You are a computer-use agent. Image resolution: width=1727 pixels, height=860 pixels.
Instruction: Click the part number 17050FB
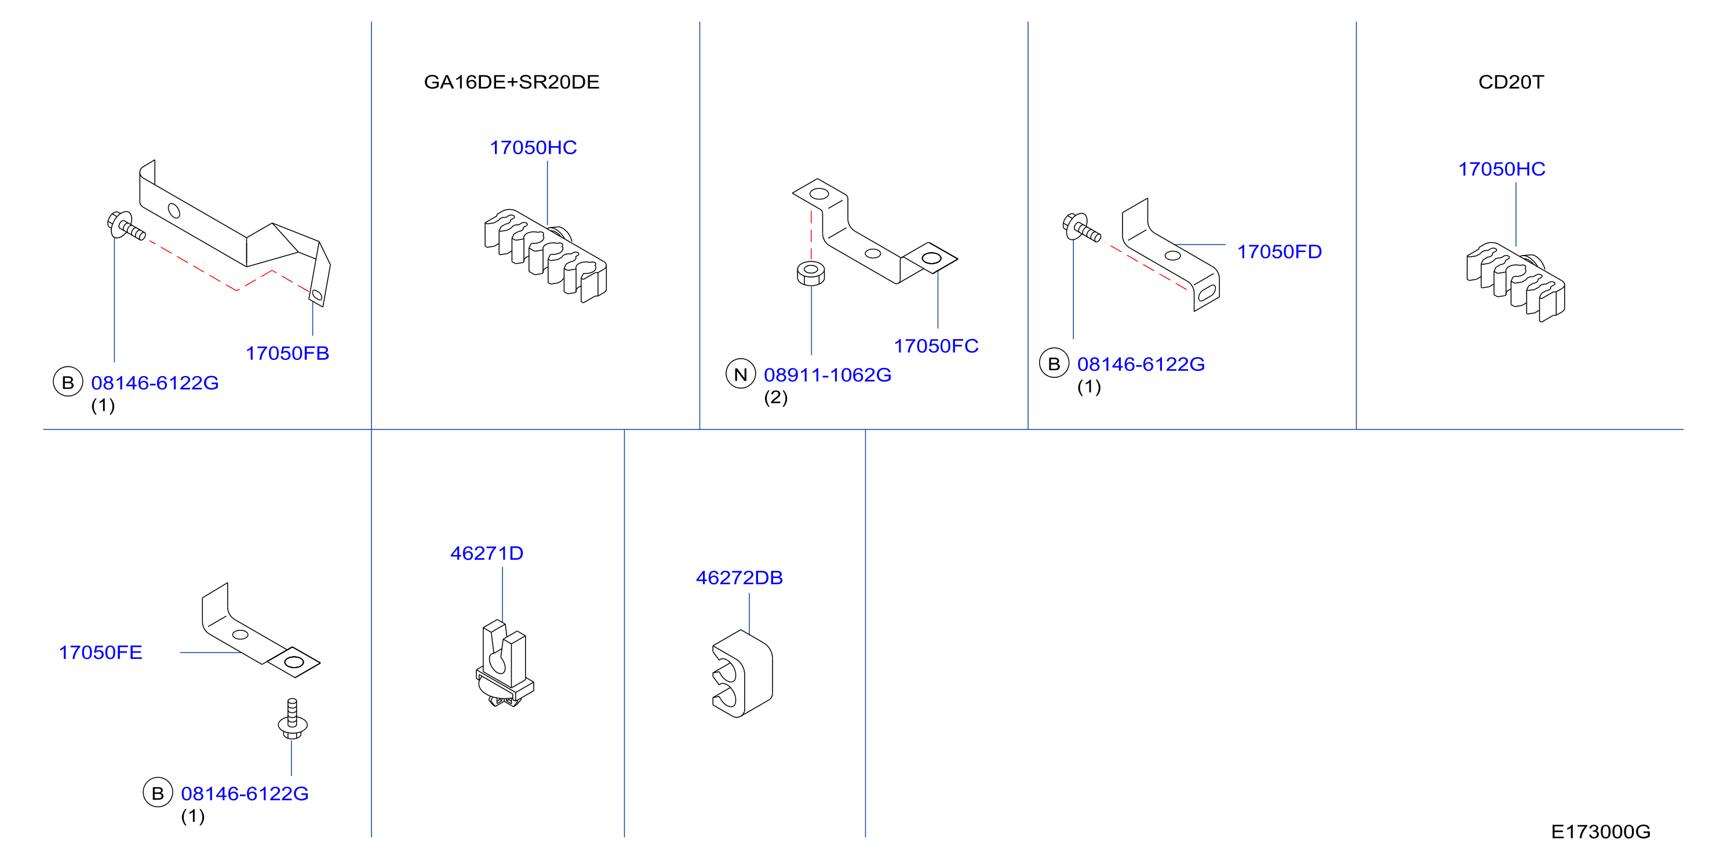pyautogui.click(x=287, y=354)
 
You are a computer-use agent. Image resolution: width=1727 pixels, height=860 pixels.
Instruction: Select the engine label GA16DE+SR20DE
pyautogui.click(x=512, y=82)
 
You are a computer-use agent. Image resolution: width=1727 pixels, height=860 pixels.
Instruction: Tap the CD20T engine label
pyautogui.click(x=1511, y=82)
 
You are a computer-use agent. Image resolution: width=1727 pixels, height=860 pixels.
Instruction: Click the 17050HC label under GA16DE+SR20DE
pyautogui.click(x=533, y=147)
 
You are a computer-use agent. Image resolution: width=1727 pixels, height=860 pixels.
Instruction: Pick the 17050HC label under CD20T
pyautogui.click(x=1502, y=169)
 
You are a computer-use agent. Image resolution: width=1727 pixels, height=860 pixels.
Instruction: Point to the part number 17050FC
pyautogui.click(x=936, y=346)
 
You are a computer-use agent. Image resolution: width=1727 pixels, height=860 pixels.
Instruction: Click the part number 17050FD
pyautogui.click(x=1279, y=252)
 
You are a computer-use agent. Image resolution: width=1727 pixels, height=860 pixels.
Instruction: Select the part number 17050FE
pyautogui.click(x=101, y=652)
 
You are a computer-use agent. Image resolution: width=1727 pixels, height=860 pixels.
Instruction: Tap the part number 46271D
pyautogui.click(x=487, y=553)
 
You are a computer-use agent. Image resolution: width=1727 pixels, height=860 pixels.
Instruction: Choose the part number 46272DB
pyautogui.click(x=739, y=578)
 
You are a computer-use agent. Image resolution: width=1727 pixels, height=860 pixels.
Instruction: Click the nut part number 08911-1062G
pyautogui.click(x=828, y=375)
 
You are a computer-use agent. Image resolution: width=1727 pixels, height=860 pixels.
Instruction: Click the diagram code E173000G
pyautogui.click(x=1601, y=832)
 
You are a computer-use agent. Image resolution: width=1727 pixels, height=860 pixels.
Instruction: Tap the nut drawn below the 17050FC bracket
pyautogui.click(x=811, y=274)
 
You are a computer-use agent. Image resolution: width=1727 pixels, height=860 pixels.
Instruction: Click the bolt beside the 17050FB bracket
pyautogui.click(x=126, y=225)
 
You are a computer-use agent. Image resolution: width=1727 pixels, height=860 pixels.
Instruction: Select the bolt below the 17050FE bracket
pyautogui.click(x=292, y=719)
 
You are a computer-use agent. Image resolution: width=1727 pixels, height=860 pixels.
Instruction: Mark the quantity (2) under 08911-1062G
pyautogui.click(x=775, y=398)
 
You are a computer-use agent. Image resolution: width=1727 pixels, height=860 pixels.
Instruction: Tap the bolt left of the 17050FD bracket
pyautogui.click(x=1081, y=227)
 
